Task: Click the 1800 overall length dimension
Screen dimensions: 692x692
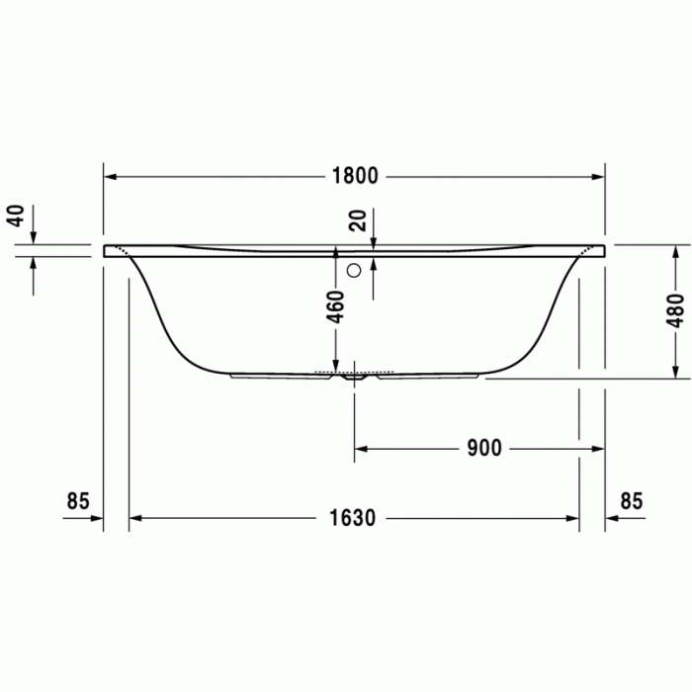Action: click(355, 177)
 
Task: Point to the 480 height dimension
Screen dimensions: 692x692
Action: click(675, 310)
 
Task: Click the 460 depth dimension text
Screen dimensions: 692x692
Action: click(336, 306)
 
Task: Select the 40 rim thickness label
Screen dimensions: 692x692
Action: click(14, 215)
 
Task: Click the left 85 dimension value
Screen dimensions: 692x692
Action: click(78, 501)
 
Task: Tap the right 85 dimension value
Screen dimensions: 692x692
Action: click(631, 501)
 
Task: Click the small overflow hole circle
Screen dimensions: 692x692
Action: click(353, 268)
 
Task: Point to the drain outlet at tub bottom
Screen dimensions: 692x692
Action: click(353, 377)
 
